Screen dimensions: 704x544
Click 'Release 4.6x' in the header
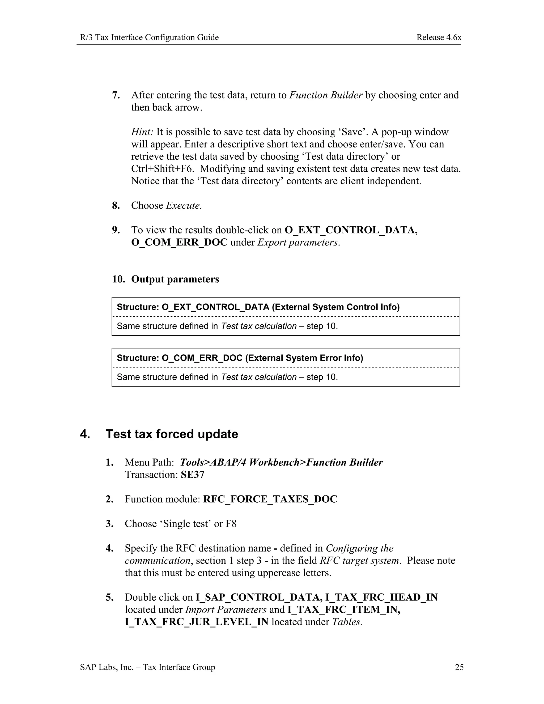pyautogui.click(x=439, y=37)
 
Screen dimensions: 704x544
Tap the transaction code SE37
pyautogui.click(x=192, y=474)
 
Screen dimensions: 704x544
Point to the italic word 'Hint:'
pyautogui.click(x=142, y=132)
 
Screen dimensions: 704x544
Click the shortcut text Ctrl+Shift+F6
pyautogui.click(x=162, y=169)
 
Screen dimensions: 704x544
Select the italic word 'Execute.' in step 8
pyautogui.click(x=184, y=205)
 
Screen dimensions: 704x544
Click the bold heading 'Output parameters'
pyautogui.click(x=175, y=279)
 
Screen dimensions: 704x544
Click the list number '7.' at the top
pyautogui.click(x=116, y=95)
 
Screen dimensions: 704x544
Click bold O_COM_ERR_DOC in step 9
pyautogui.click(x=179, y=242)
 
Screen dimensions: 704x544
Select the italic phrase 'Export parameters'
pyautogui.click(x=297, y=242)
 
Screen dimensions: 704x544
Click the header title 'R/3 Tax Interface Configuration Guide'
pyautogui.click(x=149, y=37)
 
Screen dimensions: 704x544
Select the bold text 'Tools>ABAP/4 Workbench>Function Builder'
pyautogui.click(x=281, y=462)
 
